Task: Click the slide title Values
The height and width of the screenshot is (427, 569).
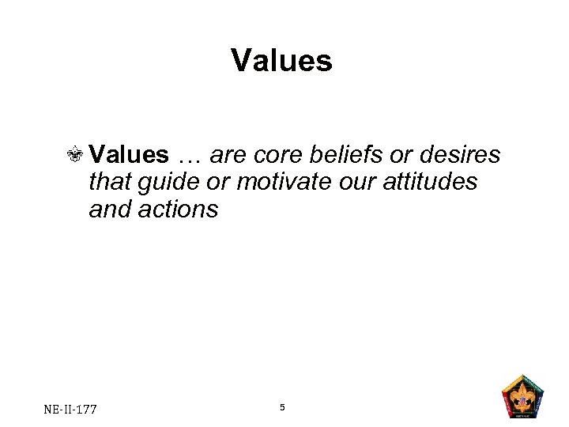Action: (282, 61)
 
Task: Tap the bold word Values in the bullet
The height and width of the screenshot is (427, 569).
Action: (129, 155)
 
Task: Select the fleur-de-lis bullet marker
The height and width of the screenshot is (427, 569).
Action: (77, 156)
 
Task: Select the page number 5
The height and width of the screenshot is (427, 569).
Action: (282, 407)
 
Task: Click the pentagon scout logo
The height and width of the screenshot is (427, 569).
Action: (523, 395)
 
